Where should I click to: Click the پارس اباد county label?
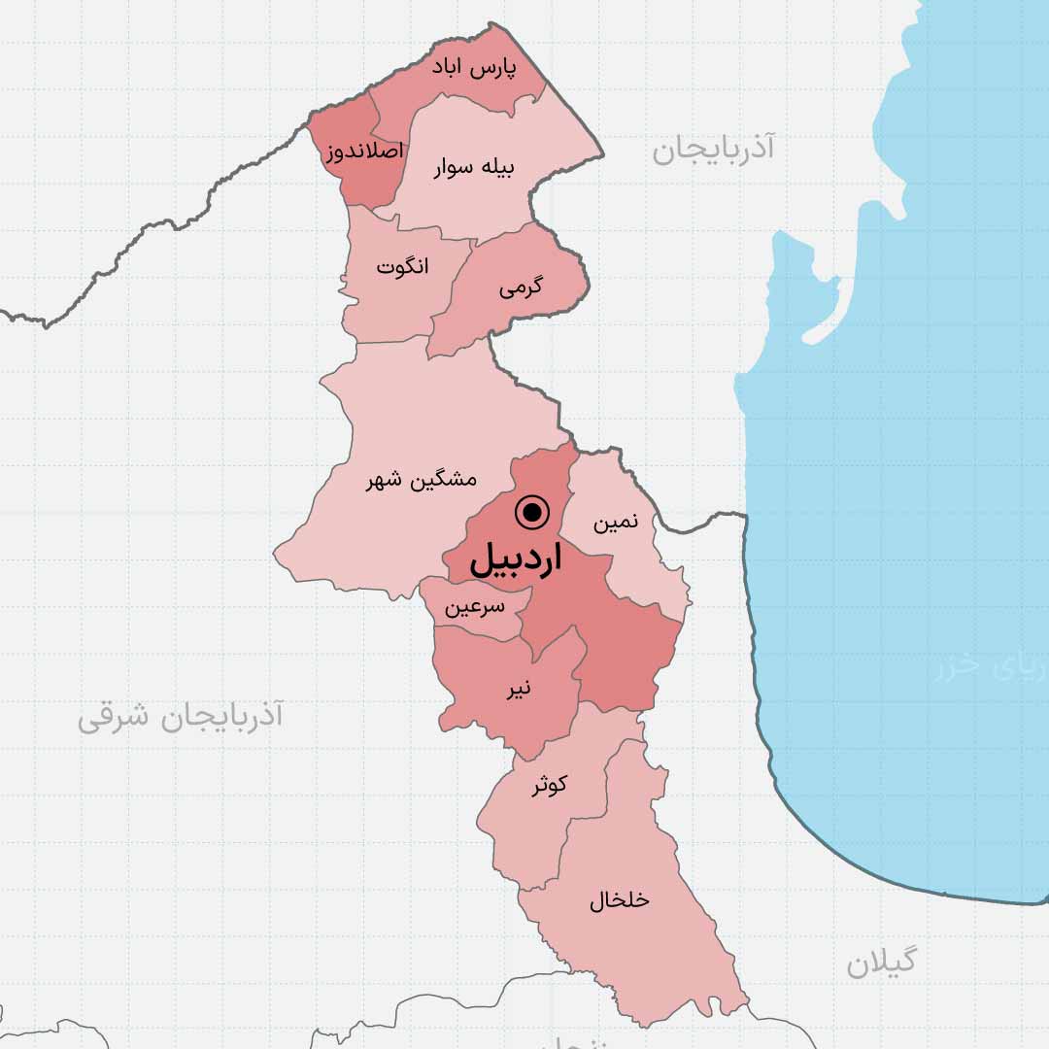coord(474,70)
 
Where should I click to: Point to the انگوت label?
coord(402,266)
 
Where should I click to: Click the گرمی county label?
coord(522,288)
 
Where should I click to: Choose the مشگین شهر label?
coord(421,480)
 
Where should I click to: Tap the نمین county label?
coord(616,523)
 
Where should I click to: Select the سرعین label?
coord(475,608)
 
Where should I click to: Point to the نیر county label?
coord(518,690)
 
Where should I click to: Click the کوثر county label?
coord(549,785)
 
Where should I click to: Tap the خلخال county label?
coord(619,900)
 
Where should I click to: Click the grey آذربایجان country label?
coord(714,149)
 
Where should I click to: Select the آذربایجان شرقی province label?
coord(180,717)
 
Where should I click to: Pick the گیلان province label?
coord(881,962)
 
